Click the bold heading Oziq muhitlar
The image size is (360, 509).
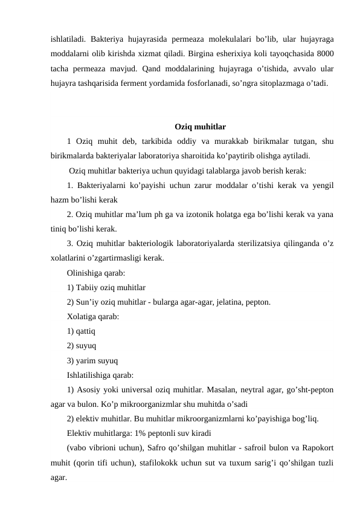[x=200, y=127]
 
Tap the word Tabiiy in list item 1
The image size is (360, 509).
[x=88, y=287]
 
